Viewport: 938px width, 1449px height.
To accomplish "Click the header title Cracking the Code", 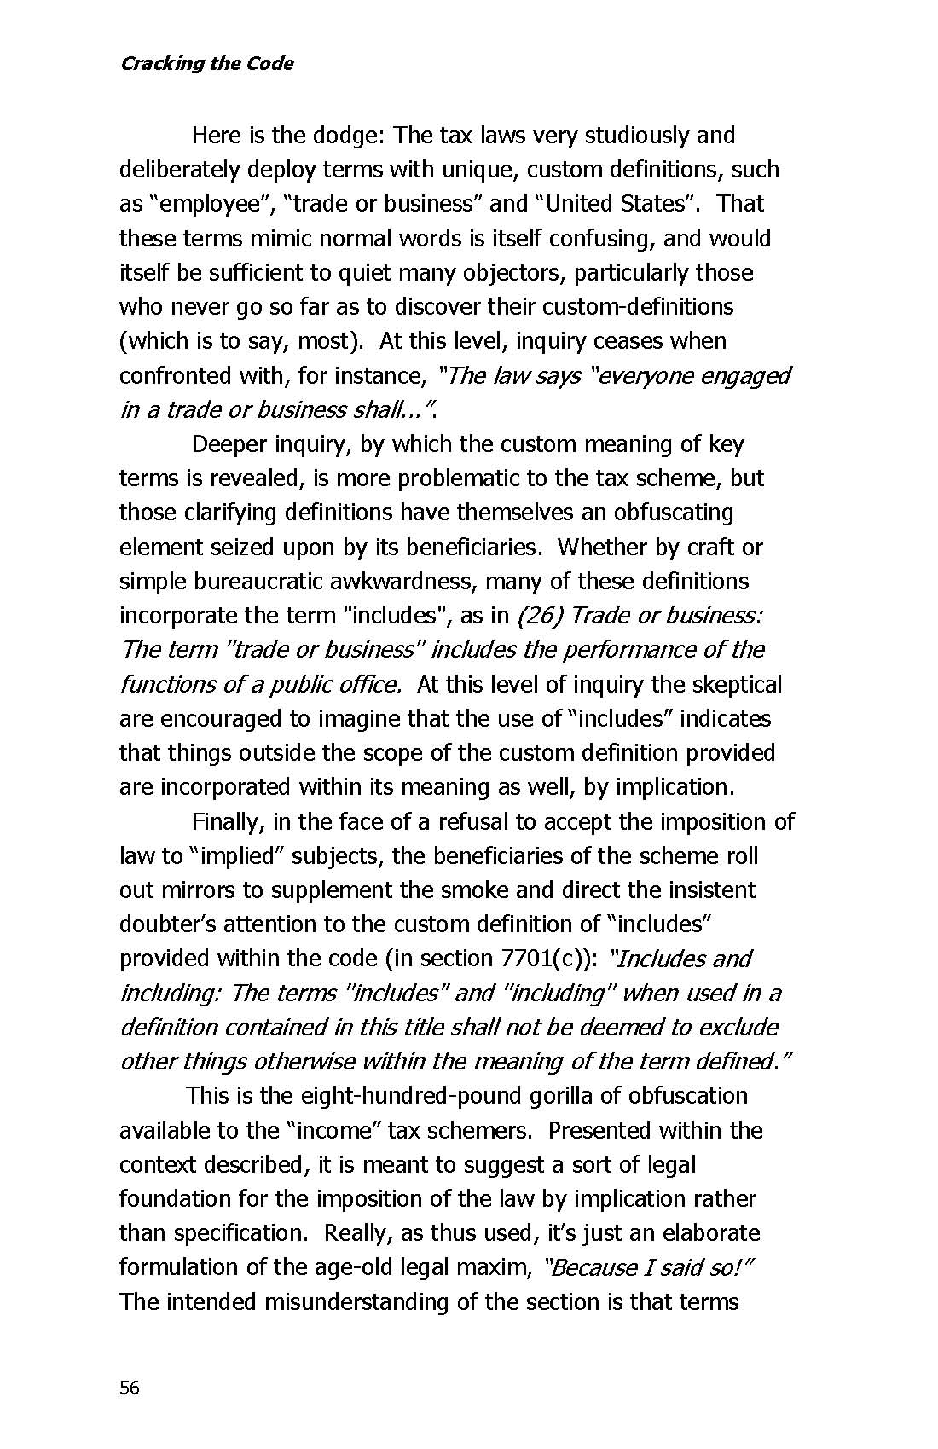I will click(x=206, y=64).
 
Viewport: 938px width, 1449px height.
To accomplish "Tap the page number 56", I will click(x=129, y=1388).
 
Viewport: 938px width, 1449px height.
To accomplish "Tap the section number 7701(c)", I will click(x=541, y=959).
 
